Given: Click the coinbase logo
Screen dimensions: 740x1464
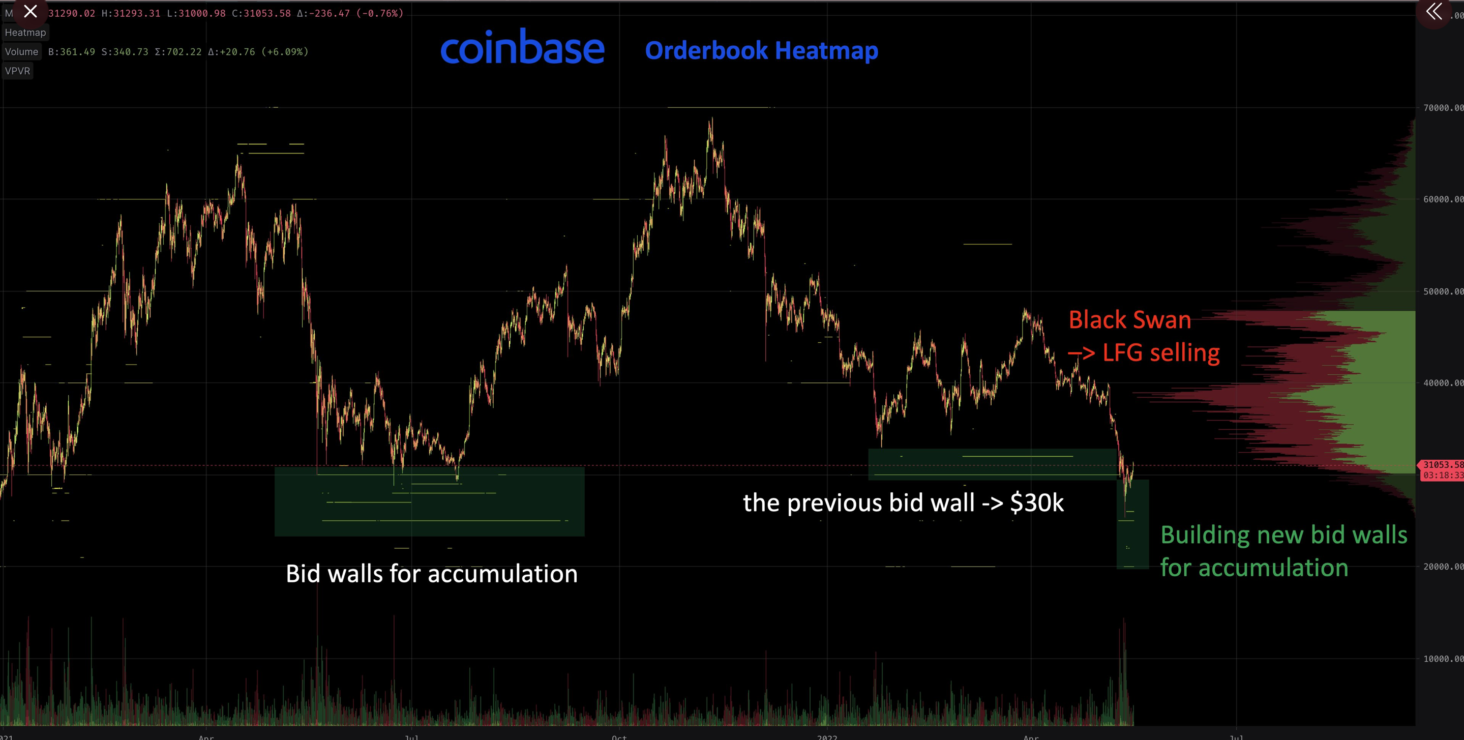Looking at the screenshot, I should pos(522,48).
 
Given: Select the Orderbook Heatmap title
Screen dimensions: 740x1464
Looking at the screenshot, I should pos(762,50).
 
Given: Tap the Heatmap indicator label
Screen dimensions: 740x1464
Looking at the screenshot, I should pos(25,33).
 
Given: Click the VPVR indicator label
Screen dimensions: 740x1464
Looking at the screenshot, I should pos(17,71).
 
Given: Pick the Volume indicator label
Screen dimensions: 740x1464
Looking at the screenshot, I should pos(21,52).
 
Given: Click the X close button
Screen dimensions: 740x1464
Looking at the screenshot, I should pos(31,11).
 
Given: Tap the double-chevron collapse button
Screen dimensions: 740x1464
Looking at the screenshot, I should pos(1434,11).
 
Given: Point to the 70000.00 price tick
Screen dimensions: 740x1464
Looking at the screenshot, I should pos(1443,107).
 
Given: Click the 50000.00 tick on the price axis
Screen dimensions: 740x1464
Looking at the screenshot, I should pos(1443,291).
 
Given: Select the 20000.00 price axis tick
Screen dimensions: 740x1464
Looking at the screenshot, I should pos(1443,567).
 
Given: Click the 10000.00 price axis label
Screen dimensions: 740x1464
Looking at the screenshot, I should pos(1443,659).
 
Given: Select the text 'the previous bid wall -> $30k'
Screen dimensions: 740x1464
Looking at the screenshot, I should pos(903,502).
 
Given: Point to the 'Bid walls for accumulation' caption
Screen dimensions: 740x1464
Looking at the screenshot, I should pos(431,574).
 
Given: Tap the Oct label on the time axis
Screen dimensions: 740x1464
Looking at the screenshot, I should pos(619,736).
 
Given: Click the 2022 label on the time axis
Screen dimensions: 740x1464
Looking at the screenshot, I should pos(827,736).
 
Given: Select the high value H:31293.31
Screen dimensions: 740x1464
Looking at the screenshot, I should pos(131,13).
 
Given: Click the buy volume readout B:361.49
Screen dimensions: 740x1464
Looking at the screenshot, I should pos(72,52).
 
